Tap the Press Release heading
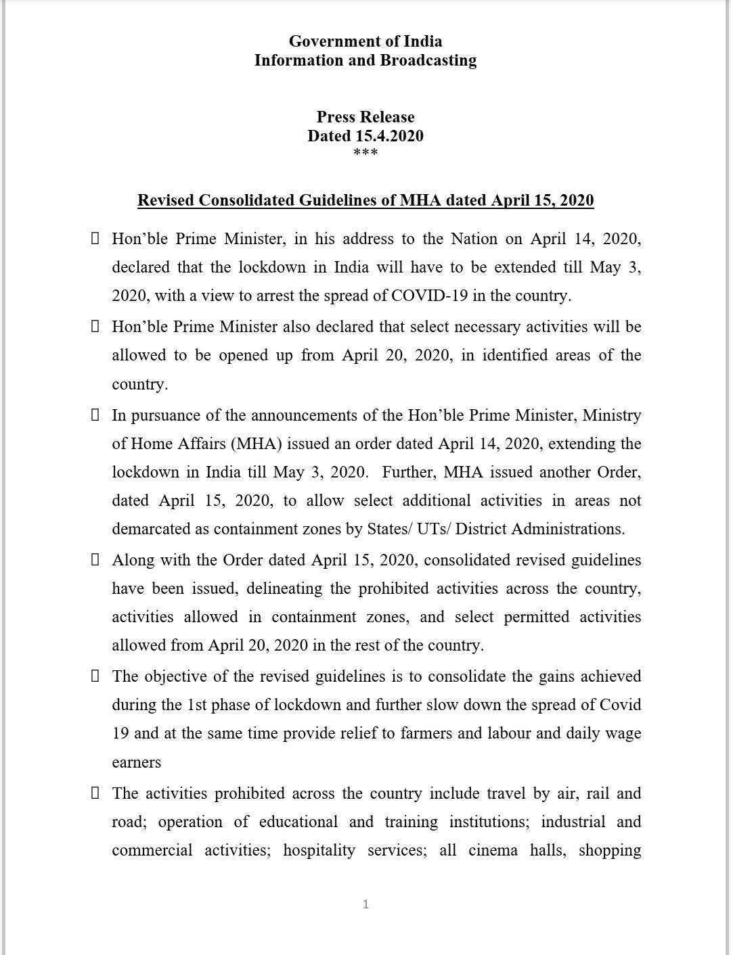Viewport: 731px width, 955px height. tap(365, 117)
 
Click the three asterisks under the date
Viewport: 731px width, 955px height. tap(365, 153)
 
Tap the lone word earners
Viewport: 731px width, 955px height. tap(136, 762)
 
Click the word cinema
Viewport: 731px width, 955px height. tap(493, 850)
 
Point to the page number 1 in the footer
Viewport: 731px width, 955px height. tap(366, 904)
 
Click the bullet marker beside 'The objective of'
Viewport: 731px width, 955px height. tap(95, 676)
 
